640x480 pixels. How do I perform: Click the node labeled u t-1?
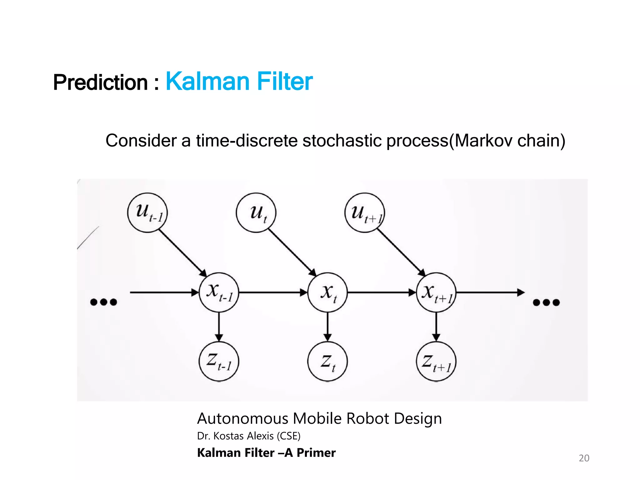pyautogui.click(x=147, y=212)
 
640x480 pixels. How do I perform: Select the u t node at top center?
pyautogui.click(x=256, y=212)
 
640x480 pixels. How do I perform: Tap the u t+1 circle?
pyautogui.click(x=365, y=212)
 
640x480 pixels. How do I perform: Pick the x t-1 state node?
pyautogui.click(x=219, y=292)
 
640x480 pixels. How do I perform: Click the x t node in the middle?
pyautogui.click(x=327, y=292)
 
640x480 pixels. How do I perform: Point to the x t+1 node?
pyautogui.click(x=436, y=292)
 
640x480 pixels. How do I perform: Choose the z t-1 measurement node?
pyautogui.click(x=219, y=361)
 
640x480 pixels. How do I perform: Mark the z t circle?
pyautogui.click(x=327, y=361)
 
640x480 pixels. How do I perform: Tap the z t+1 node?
pyautogui.click(x=436, y=361)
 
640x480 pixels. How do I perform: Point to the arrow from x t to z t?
pyautogui.click(x=327, y=327)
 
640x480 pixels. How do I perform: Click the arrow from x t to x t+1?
pyautogui.click(x=381, y=292)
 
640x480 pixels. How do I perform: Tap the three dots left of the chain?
pyautogui.click(x=103, y=302)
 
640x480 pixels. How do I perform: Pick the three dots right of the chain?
pyautogui.click(x=546, y=302)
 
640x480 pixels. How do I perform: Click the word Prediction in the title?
pyautogui.click(x=100, y=82)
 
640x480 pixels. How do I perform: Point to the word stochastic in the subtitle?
pyautogui.click(x=342, y=141)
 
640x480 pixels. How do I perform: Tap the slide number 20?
pyautogui.click(x=584, y=458)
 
